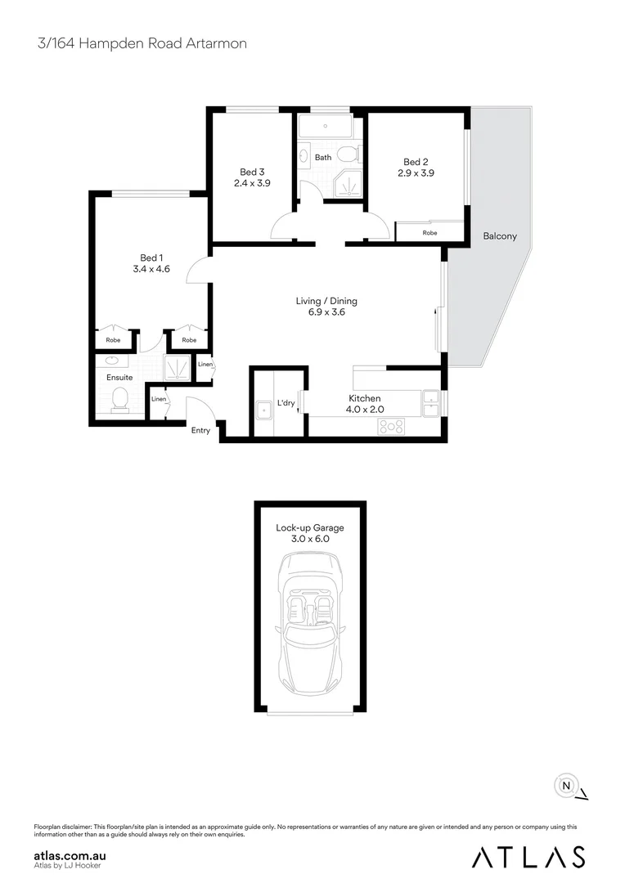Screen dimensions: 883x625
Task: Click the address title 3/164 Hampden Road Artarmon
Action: point(142,43)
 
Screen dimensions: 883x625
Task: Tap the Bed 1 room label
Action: point(151,258)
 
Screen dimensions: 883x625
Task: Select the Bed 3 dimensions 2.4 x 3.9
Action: point(251,183)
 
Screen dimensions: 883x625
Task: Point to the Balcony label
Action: point(499,236)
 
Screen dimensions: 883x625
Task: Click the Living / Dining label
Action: point(326,301)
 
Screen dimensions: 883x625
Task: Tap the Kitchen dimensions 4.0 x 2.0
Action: point(366,410)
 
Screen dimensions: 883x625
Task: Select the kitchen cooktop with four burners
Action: point(391,426)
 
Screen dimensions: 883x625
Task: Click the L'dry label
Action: point(286,403)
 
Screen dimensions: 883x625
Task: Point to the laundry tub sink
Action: point(264,410)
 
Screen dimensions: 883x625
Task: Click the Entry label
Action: point(200,430)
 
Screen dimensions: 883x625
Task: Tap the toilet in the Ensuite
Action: point(120,399)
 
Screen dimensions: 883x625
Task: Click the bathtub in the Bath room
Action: point(324,127)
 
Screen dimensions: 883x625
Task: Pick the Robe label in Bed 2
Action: point(429,233)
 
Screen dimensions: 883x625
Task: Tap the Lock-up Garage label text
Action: point(309,528)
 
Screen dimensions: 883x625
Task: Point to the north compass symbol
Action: point(566,786)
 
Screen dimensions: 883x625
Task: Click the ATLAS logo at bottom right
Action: point(528,856)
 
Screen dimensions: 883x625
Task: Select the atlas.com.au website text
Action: point(70,855)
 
